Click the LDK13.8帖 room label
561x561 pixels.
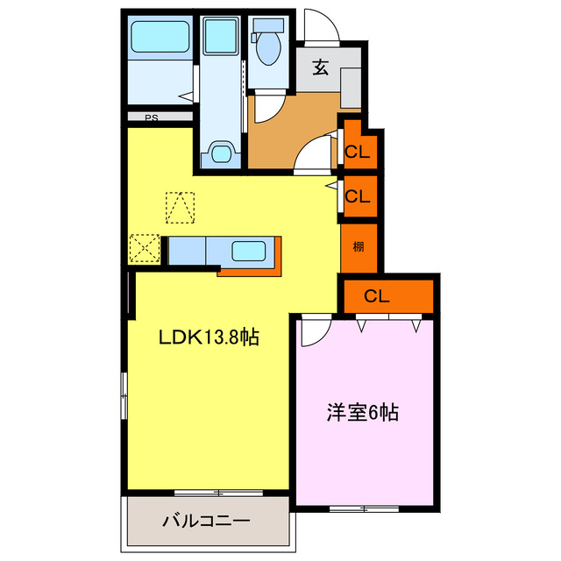(208, 337)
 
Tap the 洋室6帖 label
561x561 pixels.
(362, 412)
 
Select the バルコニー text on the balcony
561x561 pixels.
(206, 521)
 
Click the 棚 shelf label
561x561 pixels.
(359, 245)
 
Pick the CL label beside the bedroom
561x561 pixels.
(377, 296)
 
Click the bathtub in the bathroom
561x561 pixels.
(160, 39)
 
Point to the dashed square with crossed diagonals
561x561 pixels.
(145, 248)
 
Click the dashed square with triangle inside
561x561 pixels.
(181, 208)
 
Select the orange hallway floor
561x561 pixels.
(280, 131)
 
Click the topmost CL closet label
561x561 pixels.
(357, 152)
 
